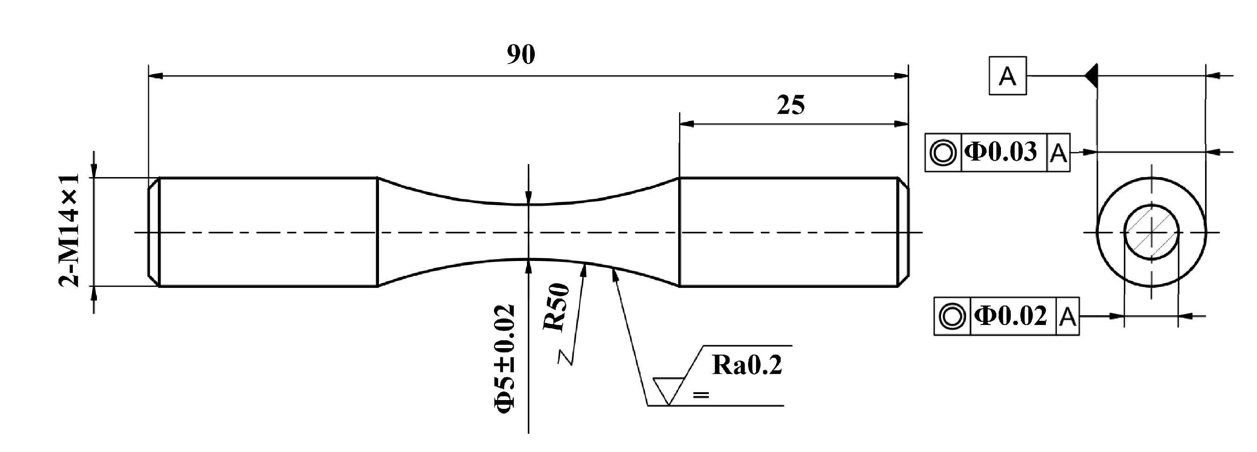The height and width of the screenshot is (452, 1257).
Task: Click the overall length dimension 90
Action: pos(521,55)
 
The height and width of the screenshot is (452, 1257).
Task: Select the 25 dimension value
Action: pos(790,105)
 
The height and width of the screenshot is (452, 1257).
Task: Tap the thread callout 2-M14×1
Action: pos(69,231)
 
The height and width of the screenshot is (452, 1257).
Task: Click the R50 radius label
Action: pos(556,308)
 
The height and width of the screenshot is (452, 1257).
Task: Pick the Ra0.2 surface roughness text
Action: pos(747,365)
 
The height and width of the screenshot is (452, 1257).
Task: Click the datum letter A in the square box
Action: pos(1007,76)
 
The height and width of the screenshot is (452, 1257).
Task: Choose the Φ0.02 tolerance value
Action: pos(1011,316)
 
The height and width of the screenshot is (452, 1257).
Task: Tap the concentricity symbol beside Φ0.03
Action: pos(943,153)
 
